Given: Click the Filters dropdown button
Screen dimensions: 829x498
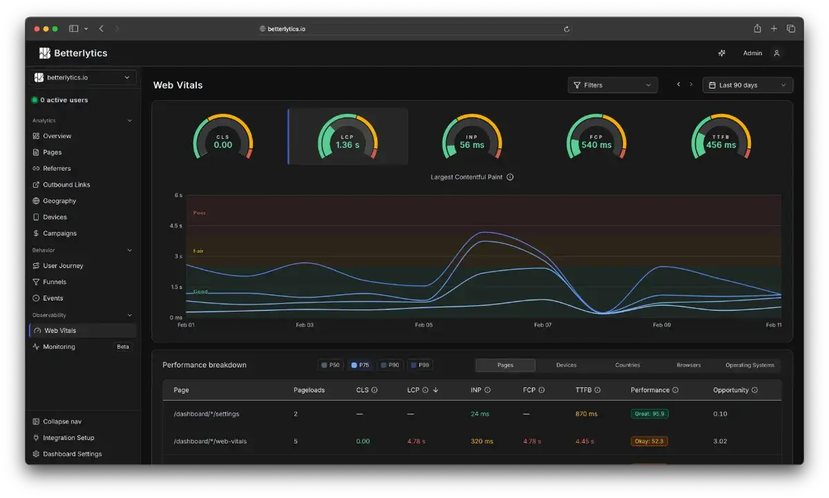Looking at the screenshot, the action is click(613, 85).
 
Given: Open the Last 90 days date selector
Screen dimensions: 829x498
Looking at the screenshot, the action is click(747, 85).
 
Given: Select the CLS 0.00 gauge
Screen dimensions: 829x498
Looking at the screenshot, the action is click(222, 137).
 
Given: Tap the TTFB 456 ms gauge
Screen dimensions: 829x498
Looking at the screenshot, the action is click(721, 137).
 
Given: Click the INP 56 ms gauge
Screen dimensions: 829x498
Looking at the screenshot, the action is click(472, 137).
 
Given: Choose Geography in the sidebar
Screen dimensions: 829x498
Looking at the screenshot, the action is click(59, 201).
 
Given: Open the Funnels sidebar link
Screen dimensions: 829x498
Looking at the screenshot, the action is click(55, 282).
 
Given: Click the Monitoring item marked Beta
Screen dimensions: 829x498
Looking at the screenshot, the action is click(82, 347).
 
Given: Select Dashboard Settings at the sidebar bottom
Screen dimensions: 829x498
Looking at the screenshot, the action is click(72, 454).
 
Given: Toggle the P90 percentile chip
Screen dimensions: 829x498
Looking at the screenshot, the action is click(390, 365).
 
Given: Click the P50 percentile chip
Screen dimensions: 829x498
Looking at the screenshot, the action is click(330, 365).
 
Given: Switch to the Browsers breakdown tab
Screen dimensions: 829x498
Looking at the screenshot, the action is click(688, 365).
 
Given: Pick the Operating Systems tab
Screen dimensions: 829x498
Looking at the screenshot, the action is click(750, 365).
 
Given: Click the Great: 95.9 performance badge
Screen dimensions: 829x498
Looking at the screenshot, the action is click(649, 414).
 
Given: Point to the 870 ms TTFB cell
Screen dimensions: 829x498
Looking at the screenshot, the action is click(587, 414).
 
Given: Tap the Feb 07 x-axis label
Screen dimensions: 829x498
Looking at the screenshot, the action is click(542, 325).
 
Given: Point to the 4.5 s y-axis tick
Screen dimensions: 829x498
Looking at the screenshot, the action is click(175, 226).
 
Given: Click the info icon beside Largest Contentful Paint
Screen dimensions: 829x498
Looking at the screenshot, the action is click(510, 178).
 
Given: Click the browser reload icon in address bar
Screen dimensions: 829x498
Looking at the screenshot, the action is click(566, 29).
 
